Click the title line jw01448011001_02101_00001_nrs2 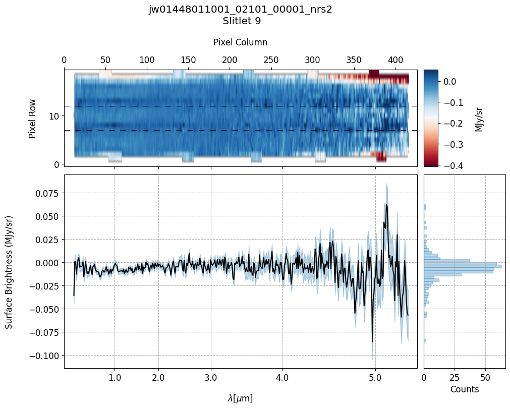(240, 10)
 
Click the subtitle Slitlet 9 (240, 21)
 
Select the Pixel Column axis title (240, 42)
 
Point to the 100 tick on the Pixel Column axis (147, 60)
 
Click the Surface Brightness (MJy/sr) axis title (9, 272)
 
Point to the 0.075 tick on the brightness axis (46, 193)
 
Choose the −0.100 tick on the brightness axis (44, 356)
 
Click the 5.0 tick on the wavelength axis (375, 377)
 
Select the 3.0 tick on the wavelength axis (211, 377)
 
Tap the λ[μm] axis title (240, 398)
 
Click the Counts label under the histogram (464, 389)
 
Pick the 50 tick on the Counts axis (485, 377)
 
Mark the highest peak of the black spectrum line (386, 204)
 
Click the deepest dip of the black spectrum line (372, 342)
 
